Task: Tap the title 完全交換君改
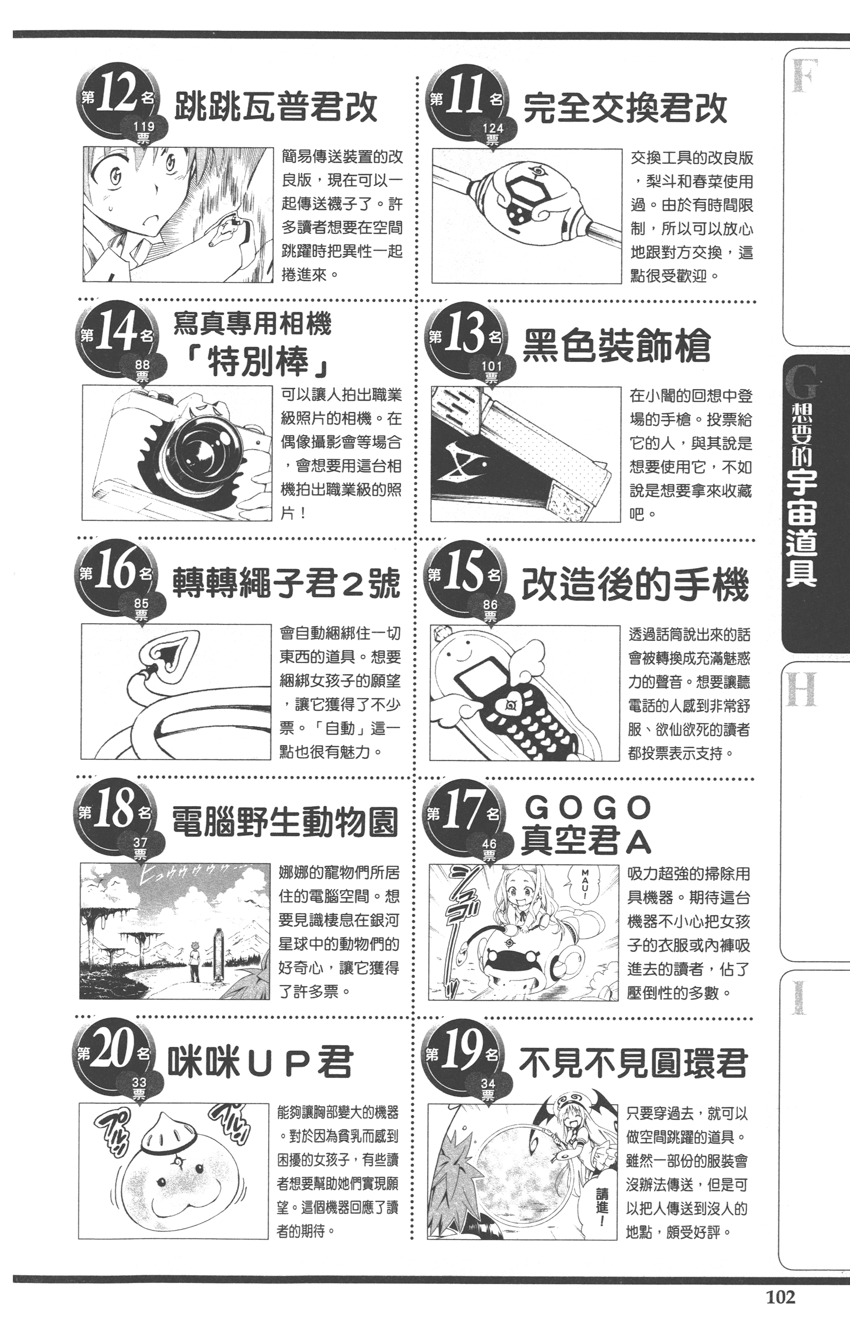625,108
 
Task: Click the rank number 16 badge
116,574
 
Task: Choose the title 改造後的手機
635,585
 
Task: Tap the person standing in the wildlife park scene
194,960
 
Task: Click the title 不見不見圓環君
633,1063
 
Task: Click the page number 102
781,1296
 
